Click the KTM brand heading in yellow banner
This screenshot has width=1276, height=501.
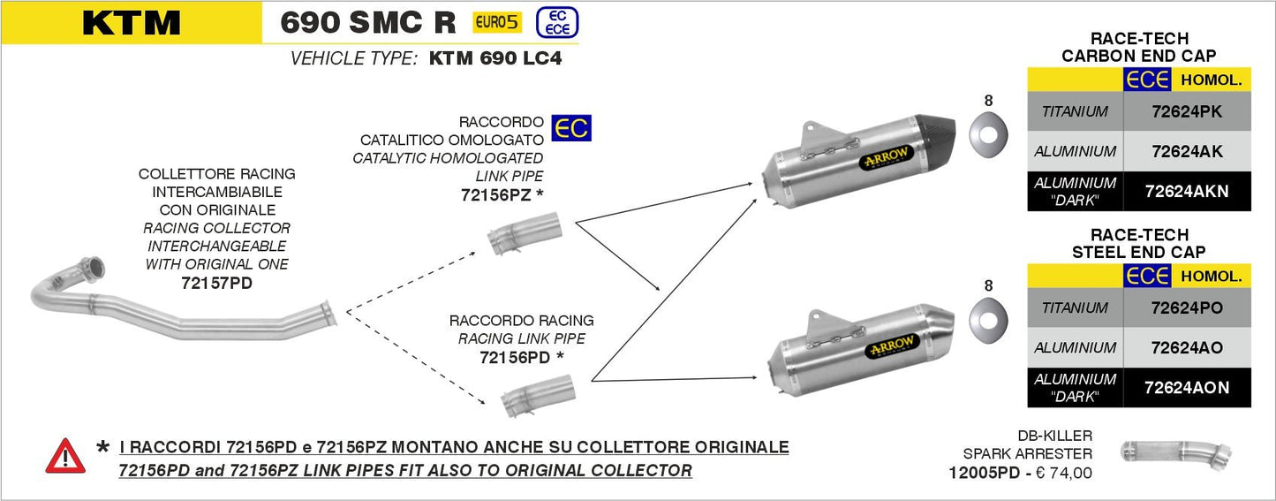(131, 23)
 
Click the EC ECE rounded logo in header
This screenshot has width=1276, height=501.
(557, 23)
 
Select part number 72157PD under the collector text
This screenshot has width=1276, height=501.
(217, 283)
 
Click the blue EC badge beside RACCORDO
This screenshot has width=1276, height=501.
(570, 128)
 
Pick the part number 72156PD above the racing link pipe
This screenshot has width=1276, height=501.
(515, 357)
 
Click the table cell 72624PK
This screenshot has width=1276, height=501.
(1187, 111)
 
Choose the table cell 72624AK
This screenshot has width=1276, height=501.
(1187, 151)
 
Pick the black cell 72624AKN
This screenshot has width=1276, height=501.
(1187, 191)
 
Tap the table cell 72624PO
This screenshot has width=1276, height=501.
(1187, 307)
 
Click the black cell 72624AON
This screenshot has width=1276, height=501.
(1187, 387)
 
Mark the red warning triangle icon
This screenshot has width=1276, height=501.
(65, 457)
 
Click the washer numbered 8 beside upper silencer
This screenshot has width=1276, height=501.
(987, 132)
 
